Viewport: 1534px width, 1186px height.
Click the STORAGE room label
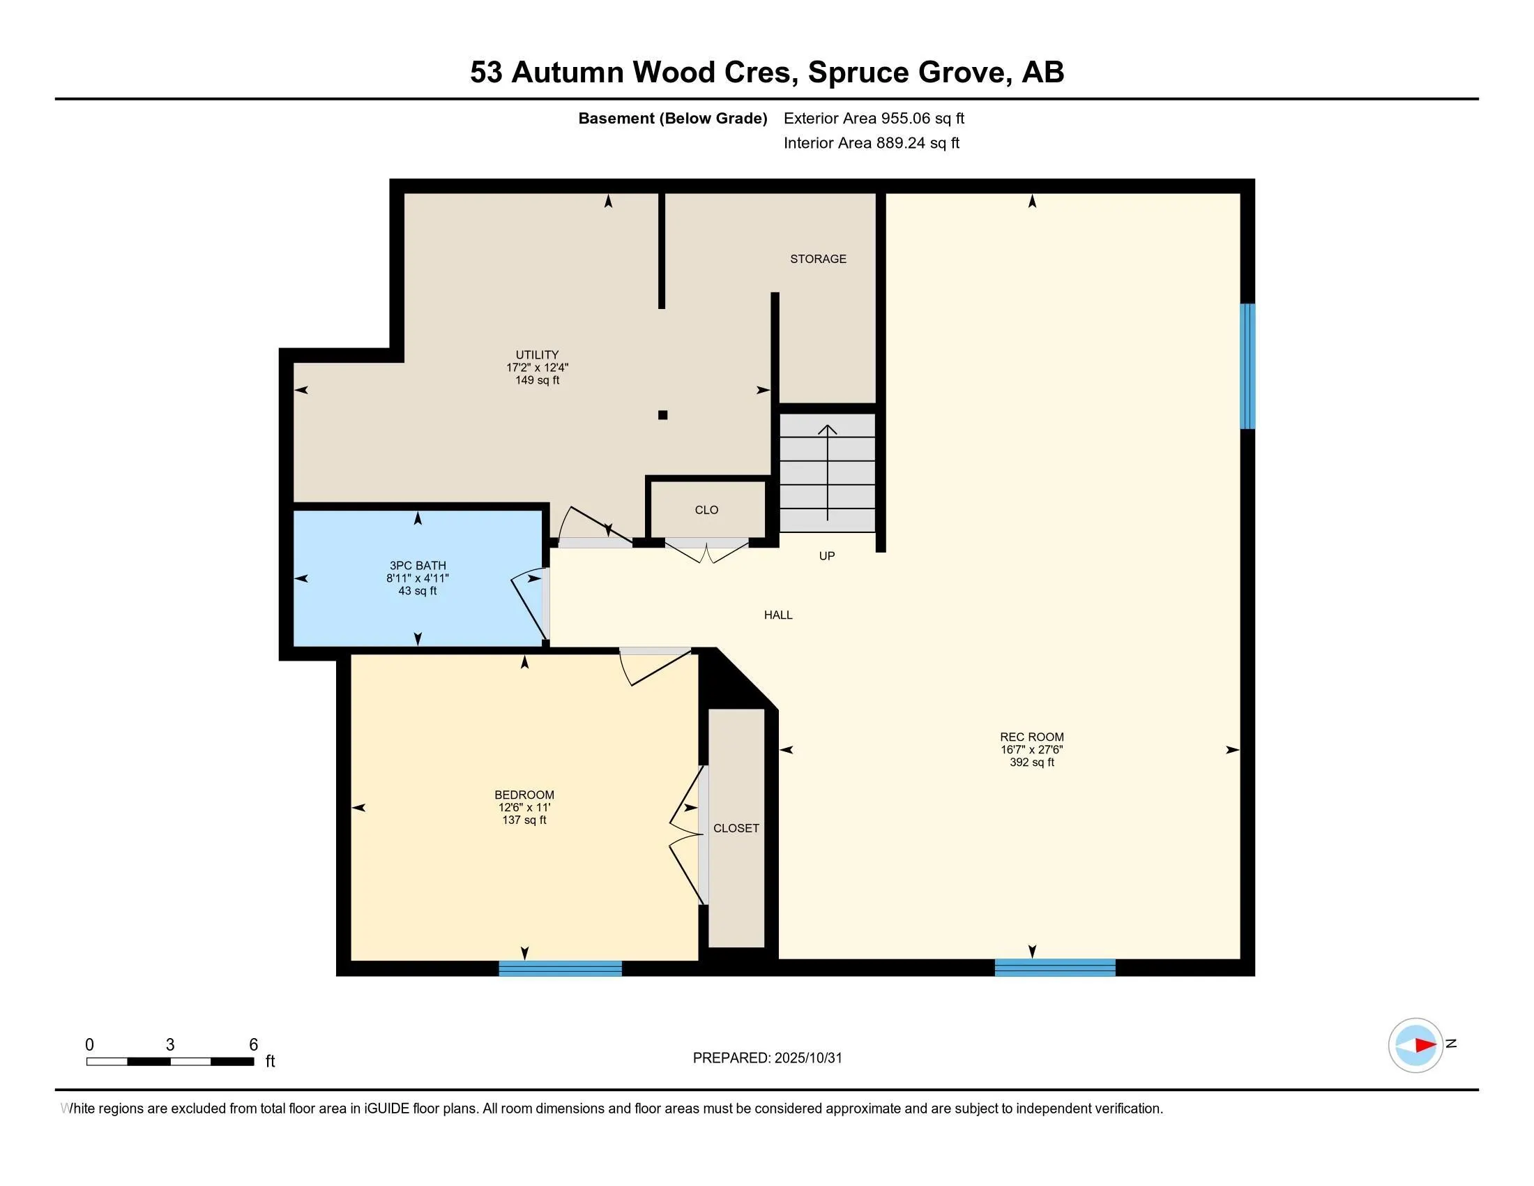818,259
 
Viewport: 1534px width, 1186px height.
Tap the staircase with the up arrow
828,472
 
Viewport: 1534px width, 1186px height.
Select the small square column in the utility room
662,415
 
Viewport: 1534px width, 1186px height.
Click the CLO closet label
706,510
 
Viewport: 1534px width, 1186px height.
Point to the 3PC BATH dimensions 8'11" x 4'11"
417,578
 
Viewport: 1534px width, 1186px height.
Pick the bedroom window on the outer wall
560,969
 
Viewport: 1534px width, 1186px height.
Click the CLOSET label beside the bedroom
736,828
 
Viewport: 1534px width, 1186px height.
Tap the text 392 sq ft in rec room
1031,763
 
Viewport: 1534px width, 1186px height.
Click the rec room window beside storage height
1247,366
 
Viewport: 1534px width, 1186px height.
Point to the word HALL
777,615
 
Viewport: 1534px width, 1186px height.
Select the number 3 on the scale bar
170,1045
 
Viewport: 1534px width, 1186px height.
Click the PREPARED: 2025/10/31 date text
767,1058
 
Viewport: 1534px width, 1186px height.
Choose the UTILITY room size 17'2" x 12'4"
537,368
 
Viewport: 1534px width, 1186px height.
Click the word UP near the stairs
826,556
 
